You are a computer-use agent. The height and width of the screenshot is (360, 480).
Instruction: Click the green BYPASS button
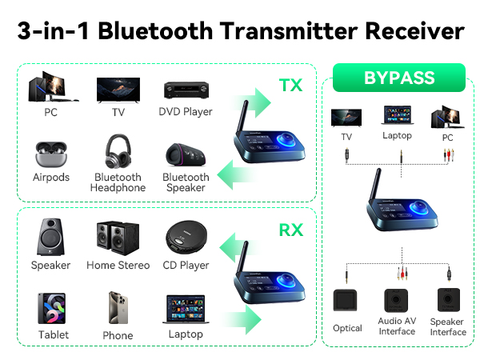pyautogui.click(x=399, y=78)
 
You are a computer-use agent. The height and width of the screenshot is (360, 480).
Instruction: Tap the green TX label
pyautogui.click(x=290, y=85)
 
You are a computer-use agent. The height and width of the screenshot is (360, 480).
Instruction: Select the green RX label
pyautogui.click(x=290, y=230)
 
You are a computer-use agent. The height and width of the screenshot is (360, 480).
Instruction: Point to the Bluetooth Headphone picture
pyautogui.click(x=118, y=153)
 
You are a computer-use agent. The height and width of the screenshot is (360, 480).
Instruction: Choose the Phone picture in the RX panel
pyautogui.click(x=118, y=308)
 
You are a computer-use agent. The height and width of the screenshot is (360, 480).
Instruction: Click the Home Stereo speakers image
pyautogui.click(x=118, y=237)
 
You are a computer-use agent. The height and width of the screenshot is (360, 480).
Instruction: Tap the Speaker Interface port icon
pyautogui.click(x=447, y=302)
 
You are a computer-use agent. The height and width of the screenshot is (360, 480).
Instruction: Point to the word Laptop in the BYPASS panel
pyautogui.click(x=397, y=136)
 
